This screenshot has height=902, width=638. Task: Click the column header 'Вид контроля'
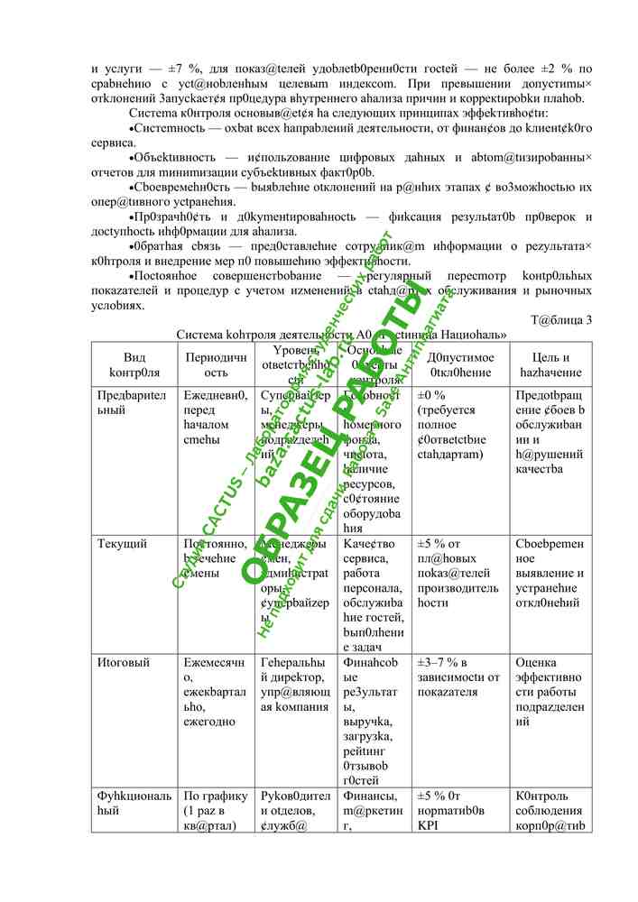pos(134,364)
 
